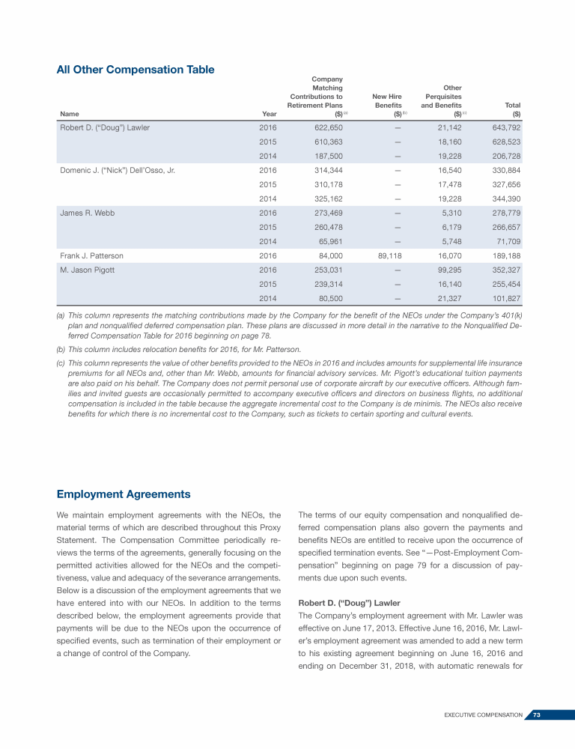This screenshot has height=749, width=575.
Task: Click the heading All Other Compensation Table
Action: [x=136, y=70]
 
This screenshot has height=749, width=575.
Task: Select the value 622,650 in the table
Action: [x=328, y=127]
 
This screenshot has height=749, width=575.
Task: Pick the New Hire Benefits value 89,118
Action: [x=389, y=255]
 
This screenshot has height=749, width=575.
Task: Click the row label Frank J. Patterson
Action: [x=92, y=255]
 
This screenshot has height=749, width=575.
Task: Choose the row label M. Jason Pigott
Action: [x=87, y=270]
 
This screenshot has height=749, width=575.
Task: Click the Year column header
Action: [x=270, y=114]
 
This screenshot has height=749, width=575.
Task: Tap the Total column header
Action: [x=513, y=106]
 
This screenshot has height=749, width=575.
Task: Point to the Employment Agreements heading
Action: [x=124, y=494]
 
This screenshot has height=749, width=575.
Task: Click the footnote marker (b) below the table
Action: [x=61, y=349]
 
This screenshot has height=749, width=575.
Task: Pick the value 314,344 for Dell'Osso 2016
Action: [x=328, y=170]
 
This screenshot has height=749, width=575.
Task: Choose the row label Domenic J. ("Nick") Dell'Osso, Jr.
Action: [x=118, y=170]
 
